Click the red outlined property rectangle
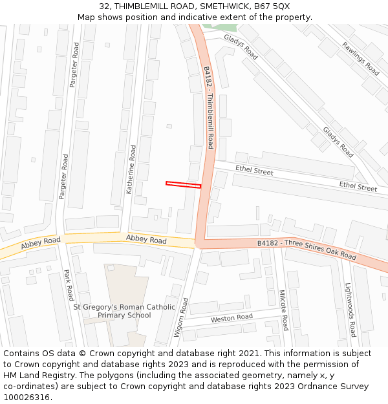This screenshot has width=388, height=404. [x=183, y=185]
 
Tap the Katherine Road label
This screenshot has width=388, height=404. [x=131, y=169]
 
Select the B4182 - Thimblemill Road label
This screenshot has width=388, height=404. [x=208, y=107]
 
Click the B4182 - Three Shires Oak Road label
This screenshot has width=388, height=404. [x=306, y=250]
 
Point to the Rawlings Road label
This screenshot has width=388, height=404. [x=361, y=58]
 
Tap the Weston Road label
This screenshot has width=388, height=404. [x=232, y=318]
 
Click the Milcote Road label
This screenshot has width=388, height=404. [x=283, y=310]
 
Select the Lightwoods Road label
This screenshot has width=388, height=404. [x=349, y=310]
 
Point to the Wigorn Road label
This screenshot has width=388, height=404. [x=180, y=318]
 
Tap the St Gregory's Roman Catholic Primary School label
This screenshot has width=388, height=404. [x=124, y=311]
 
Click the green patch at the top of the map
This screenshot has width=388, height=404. [x=219, y=28]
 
